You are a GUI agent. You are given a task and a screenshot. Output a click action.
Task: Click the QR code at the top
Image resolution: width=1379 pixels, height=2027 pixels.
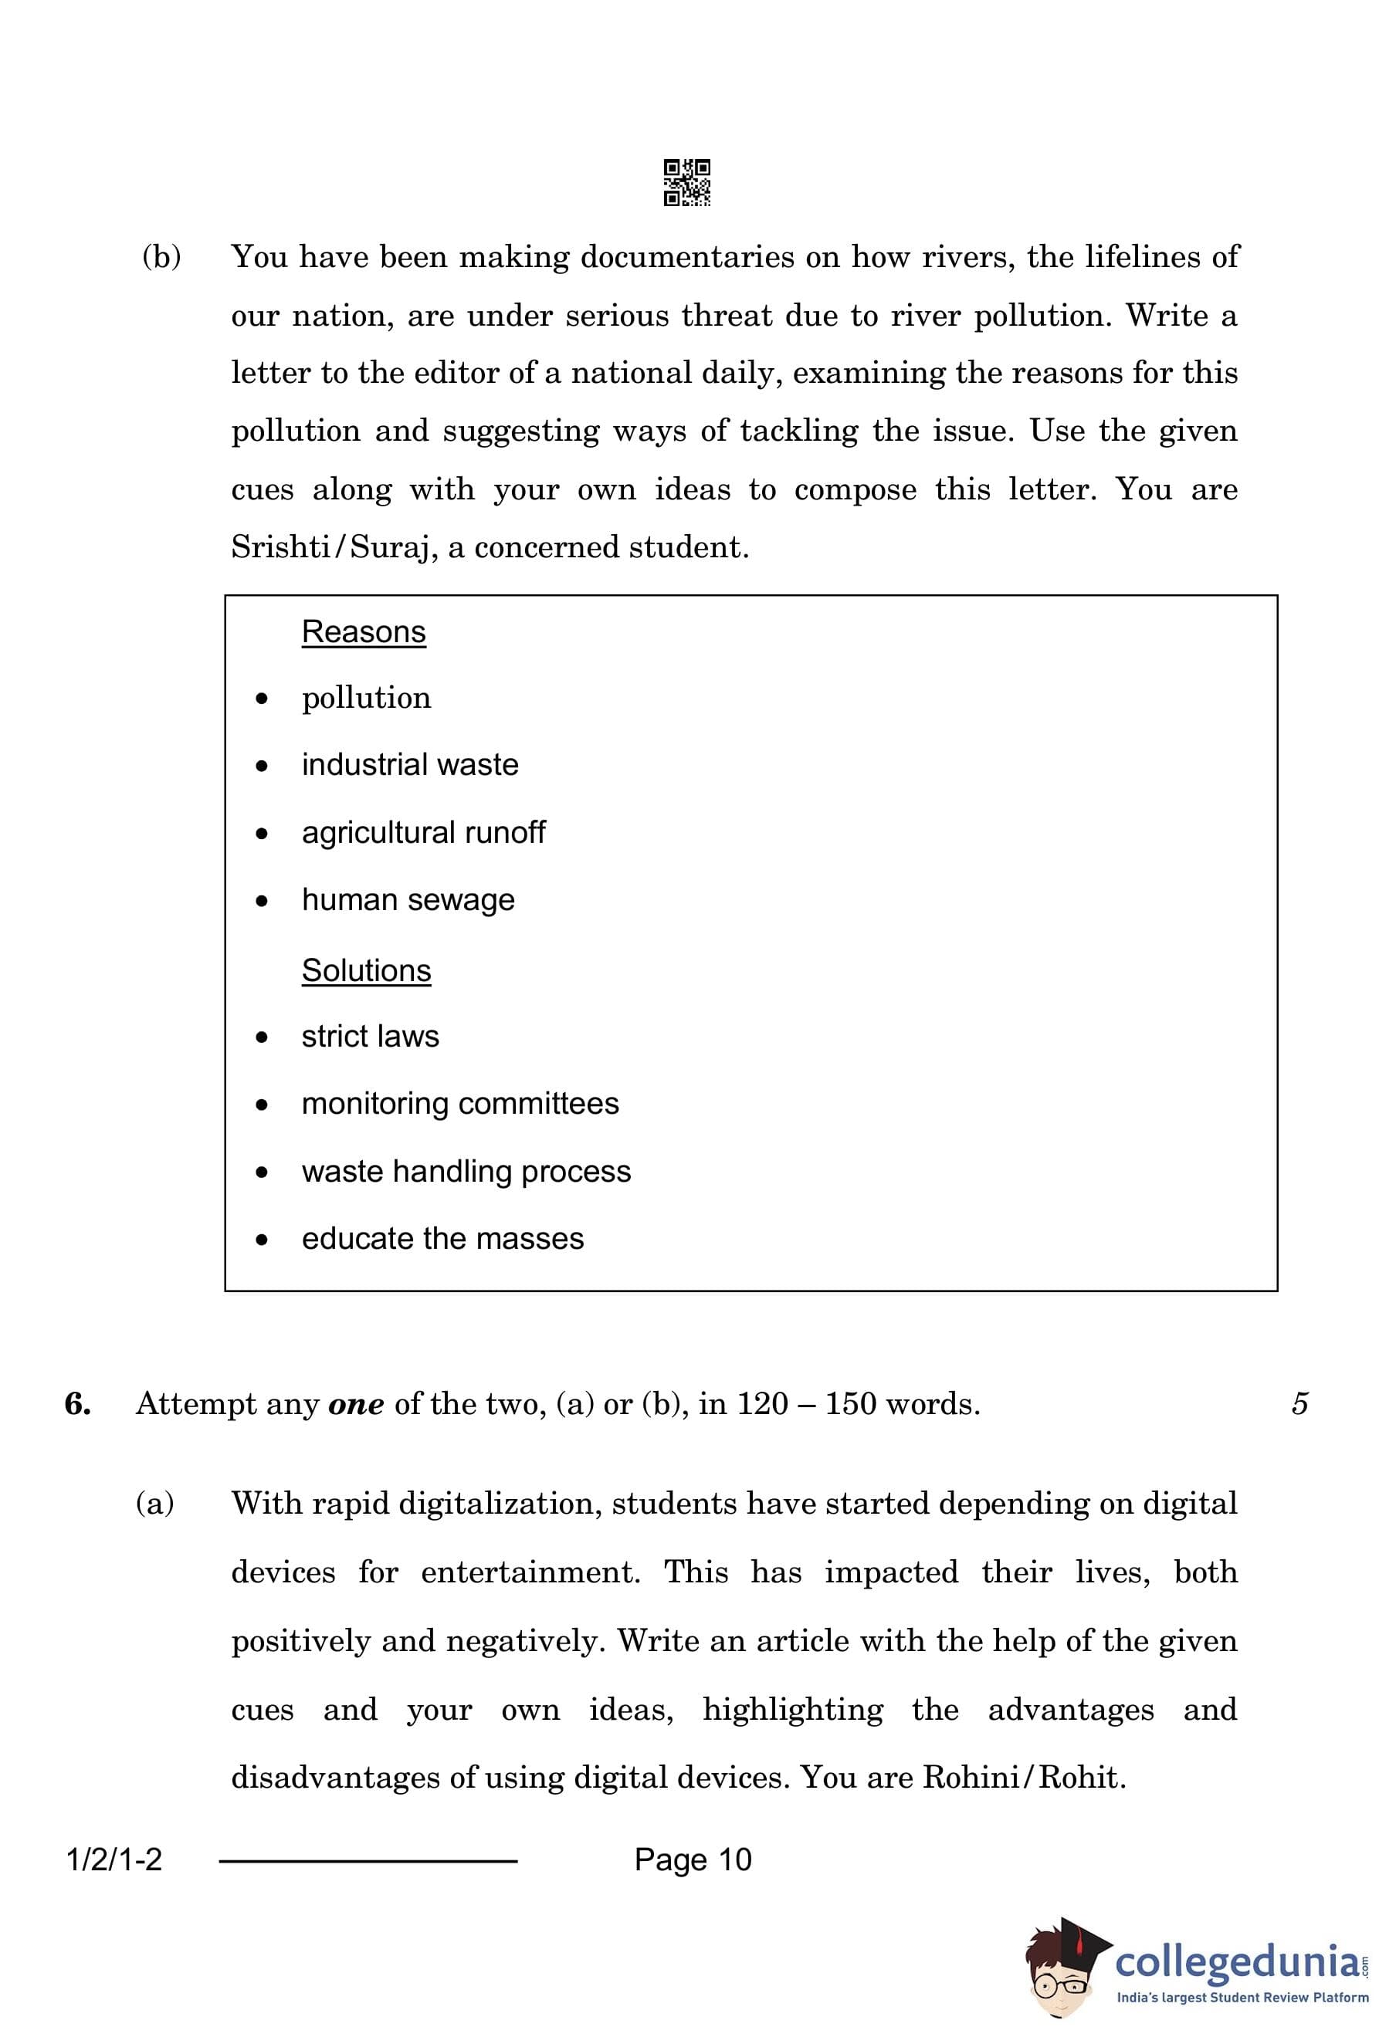pyautogui.click(x=686, y=182)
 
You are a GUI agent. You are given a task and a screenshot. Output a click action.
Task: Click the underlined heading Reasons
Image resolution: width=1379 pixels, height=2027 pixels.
pyautogui.click(x=364, y=631)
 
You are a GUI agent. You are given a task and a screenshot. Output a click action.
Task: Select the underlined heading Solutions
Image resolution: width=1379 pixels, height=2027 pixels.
pyautogui.click(x=366, y=970)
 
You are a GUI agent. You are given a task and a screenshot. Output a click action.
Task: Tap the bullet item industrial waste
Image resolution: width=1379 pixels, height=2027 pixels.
pyautogui.click(x=410, y=764)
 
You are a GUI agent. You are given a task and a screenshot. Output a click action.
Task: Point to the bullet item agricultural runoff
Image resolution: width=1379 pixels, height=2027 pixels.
pyautogui.click(x=423, y=832)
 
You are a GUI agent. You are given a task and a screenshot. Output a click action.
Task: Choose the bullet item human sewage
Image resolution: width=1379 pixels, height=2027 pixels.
pyautogui.click(x=408, y=899)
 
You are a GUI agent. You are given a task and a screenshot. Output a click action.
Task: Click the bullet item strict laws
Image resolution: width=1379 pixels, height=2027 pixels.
pyautogui.click(x=370, y=1036)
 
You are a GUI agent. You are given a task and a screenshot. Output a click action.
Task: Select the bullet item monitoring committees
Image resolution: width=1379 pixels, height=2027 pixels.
pyautogui.click(x=459, y=1103)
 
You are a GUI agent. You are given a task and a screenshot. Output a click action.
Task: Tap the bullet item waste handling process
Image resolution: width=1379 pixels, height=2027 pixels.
pyautogui.click(x=466, y=1172)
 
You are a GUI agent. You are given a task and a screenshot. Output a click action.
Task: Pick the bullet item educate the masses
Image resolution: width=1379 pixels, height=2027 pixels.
pyautogui.click(x=442, y=1239)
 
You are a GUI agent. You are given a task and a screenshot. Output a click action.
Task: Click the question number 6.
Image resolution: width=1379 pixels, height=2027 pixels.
pyautogui.click(x=78, y=1404)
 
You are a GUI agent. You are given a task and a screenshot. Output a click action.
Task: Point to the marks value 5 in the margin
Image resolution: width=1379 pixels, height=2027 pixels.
pyautogui.click(x=1299, y=1404)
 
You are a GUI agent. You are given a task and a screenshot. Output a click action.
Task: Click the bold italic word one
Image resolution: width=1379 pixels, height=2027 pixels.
pyautogui.click(x=356, y=1404)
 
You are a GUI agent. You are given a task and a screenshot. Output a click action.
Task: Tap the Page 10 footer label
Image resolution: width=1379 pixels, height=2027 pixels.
pyautogui.click(x=693, y=1859)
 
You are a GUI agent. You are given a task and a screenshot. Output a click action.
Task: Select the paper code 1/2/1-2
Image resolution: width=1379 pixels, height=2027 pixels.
pyautogui.click(x=114, y=1860)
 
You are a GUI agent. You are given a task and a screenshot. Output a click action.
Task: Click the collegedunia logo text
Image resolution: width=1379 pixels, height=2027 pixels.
pyautogui.click(x=1237, y=1962)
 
